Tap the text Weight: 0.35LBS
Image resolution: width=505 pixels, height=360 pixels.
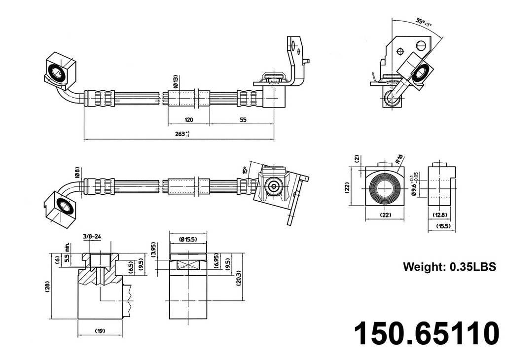(x=449, y=267)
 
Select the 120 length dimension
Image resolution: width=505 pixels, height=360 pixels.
(x=188, y=120)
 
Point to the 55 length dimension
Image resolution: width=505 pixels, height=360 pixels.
(x=243, y=120)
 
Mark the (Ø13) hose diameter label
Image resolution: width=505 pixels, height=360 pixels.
(x=176, y=81)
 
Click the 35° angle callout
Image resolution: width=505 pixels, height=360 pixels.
(x=423, y=21)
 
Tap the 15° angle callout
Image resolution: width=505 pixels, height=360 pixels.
(x=245, y=171)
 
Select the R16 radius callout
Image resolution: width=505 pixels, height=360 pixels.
(x=399, y=160)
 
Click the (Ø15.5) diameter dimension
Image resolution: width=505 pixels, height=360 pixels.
(x=188, y=239)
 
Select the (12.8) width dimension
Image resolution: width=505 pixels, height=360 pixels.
(x=440, y=215)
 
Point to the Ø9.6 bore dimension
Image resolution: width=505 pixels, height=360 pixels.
(x=415, y=184)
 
